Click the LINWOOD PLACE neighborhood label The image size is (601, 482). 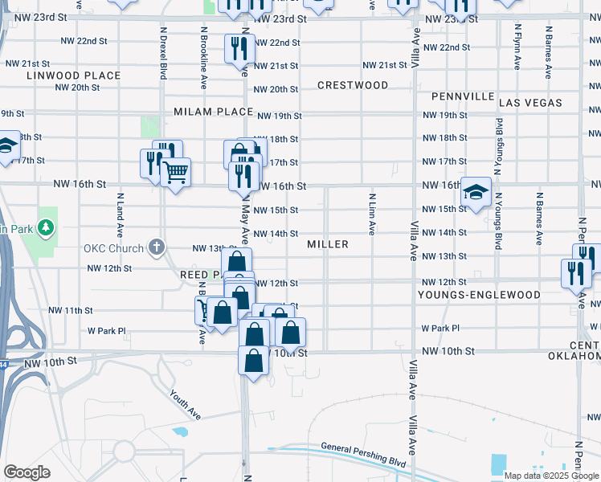coord(73,76)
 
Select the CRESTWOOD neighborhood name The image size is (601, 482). coord(352,85)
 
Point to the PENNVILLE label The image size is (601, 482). coord(463,96)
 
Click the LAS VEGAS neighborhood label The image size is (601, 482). coord(530,103)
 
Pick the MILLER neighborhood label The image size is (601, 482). coord(328,244)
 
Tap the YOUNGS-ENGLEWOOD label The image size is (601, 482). coord(479,295)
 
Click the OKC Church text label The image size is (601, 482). coord(113,247)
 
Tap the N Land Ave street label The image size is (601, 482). coord(120,212)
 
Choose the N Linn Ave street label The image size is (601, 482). coord(372,214)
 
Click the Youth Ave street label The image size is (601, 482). coord(185,404)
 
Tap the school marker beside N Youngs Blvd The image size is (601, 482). coord(476,193)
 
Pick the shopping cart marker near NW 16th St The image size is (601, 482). coord(175,171)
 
